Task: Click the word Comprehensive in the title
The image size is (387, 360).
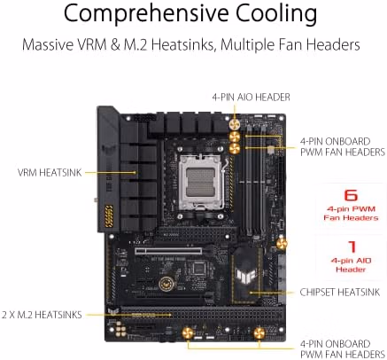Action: click(x=146, y=14)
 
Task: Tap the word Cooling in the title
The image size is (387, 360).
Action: click(x=276, y=14)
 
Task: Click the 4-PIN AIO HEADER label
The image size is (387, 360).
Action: click(x=251, y=97)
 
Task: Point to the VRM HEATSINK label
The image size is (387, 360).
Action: click(x=50, y=172)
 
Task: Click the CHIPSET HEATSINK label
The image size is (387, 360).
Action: click(x=340, y=292)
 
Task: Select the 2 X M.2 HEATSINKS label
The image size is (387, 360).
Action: click(x=42, y=315)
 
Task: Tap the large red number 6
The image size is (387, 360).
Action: click(x=351, y=195)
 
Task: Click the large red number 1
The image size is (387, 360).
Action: click(x=352, y=247)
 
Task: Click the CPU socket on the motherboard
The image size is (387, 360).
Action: click(x=201, y=180)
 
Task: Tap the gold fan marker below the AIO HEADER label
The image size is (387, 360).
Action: click(x=235, y=124)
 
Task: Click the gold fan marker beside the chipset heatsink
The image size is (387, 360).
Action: click(x=282, y=244)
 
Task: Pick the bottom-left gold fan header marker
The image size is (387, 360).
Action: click(x=188, y=333)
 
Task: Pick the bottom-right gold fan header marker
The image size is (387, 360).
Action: click(x=259, y=333)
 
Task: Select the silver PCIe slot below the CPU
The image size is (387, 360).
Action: click(x=168, y=252)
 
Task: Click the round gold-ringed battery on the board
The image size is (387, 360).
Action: click(x=167, y=285)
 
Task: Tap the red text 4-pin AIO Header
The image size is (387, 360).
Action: click(x=351, y=265)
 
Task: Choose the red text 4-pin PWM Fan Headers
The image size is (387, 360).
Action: click(x=351, y=214)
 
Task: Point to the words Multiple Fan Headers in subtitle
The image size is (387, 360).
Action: click(x=290, y=44)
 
